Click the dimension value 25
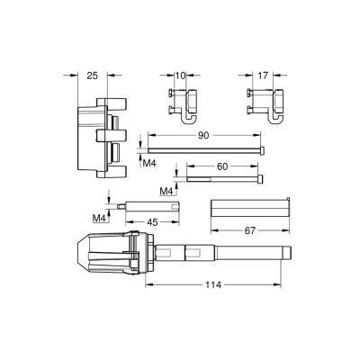point(93,76)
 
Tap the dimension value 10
point(180,76)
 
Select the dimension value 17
point(263,76)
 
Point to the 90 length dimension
point(203,136)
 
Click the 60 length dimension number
point(222,166)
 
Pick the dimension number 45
point(152,222)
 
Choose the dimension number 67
point(250,230)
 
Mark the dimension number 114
point(213,284)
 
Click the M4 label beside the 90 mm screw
point(149,164)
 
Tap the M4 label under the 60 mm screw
point(167,191)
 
